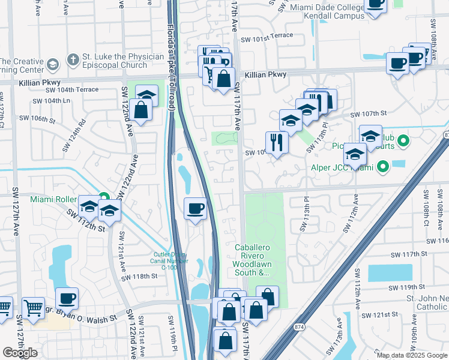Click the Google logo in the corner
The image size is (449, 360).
tap(20, 353)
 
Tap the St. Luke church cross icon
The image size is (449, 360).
tap(73, 60)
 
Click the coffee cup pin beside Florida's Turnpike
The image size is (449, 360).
tap(196, 209)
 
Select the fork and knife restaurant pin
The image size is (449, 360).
tap(276, 142)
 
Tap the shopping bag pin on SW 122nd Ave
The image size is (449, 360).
tap(140, 110)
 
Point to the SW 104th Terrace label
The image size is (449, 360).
tap(78, 89)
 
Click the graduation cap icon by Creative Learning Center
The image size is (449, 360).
tap(53, 64)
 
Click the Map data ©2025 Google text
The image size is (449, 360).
tap(412, 355)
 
